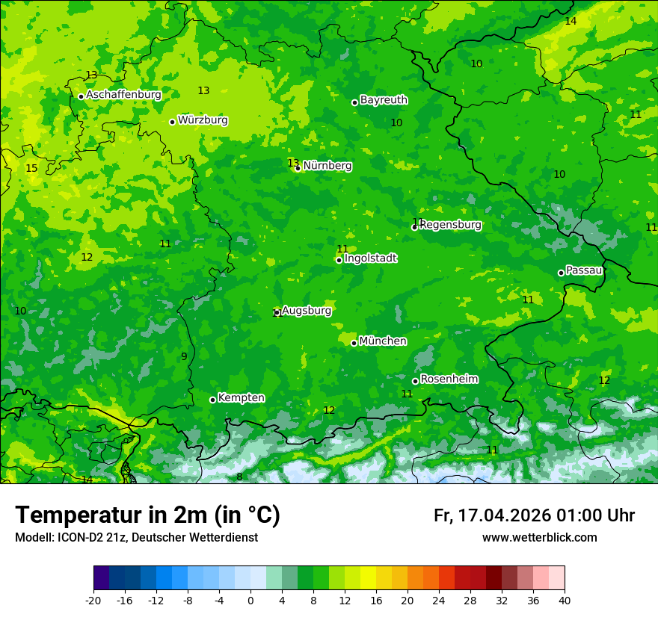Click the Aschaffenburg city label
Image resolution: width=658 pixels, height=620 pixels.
click(123, 95)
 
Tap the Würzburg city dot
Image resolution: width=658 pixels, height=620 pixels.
click(172, 122)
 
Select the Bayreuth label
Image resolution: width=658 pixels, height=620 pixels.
click(384, 99)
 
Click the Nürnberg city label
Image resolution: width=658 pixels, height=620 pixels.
click(328, 166)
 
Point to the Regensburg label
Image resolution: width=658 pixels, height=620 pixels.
click(451, 225)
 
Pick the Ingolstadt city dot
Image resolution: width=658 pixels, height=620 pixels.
click(339, 260)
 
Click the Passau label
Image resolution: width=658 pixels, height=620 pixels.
click(584, 270)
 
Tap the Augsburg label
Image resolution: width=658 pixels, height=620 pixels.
click(307, 311)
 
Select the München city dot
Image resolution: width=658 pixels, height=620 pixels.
click(354, 343)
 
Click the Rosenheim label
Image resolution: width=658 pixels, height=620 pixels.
click(449, 379)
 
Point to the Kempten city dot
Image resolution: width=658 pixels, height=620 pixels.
click(212, 400)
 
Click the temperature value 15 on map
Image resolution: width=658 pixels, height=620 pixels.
click(31, 169)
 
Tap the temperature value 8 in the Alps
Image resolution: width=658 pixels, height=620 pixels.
click(239, 477)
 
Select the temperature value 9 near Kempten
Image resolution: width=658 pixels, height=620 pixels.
click(184, 356)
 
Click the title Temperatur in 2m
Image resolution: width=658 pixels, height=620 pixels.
click(147, 515)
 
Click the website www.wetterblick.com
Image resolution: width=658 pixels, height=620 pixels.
click(539, 538)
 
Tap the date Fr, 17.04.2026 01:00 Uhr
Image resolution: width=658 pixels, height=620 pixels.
click(534, 515)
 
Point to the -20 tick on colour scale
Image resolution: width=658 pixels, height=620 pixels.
click(93, 601)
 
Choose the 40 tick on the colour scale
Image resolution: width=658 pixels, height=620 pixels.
click(564, 601)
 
